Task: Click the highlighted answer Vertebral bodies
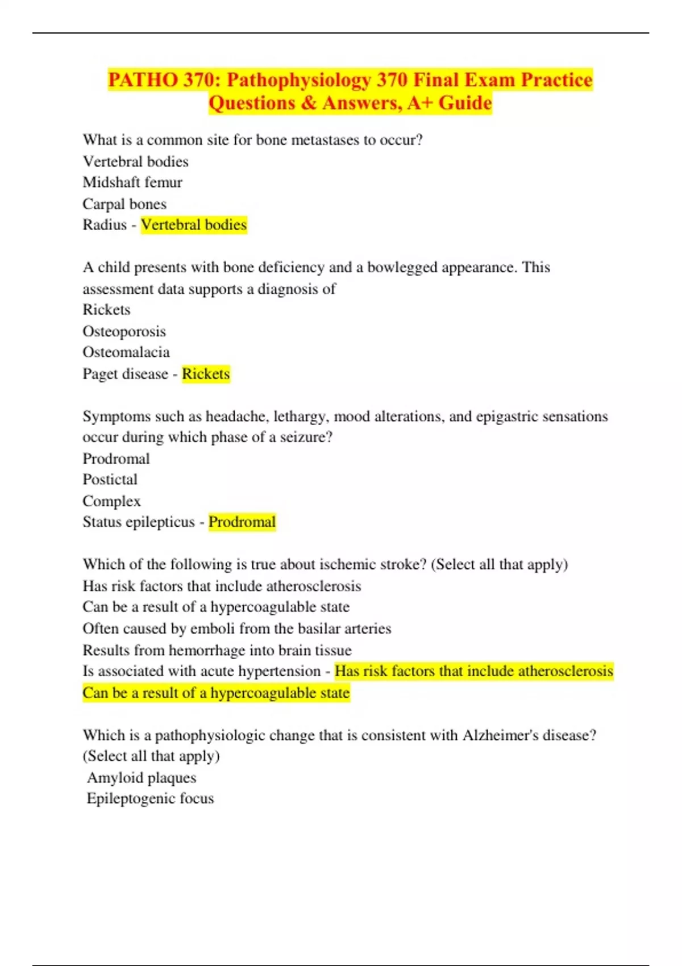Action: coord(193,225)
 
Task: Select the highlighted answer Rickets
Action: coord(206,374)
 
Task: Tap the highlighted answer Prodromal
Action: coord(242,522)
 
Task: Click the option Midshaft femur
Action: coord(132,182)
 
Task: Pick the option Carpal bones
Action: coord(124,204)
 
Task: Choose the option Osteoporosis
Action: coord(124,331)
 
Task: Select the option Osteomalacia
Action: coord(126,352)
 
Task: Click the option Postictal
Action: coord(110,480)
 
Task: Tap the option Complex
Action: coord(111,501)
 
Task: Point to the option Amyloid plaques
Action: coord(142,777)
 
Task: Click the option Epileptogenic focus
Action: coord(150,798)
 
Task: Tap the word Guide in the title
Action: coord(465,103)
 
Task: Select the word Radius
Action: coord(105,225)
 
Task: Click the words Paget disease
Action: coord(125,374)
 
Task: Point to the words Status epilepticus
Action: coord(138,522)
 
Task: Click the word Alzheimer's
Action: coord(501,735)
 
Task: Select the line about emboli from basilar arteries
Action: coord(236,628)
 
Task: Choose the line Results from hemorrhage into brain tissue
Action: coord(217,650)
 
